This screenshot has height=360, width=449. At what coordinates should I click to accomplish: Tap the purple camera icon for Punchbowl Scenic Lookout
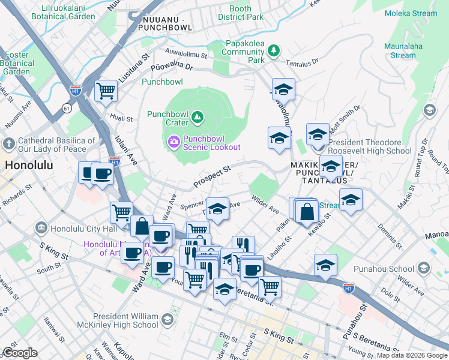tap(173, 142)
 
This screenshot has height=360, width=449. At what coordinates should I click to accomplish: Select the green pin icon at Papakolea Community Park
tap(274, 50)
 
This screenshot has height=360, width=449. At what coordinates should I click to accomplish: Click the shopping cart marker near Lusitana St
tap(106, 92)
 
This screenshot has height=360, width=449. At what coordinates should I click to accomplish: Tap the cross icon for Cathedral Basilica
tap(9, 144)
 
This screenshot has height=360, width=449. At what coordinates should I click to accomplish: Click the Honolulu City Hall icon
tap(41, 228)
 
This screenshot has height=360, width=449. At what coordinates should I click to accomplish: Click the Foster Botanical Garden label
tap(17, 63)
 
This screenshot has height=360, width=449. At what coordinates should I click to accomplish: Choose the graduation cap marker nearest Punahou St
tap(325, 265)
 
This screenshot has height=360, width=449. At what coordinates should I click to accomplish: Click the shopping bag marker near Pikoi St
tap(306, 211)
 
